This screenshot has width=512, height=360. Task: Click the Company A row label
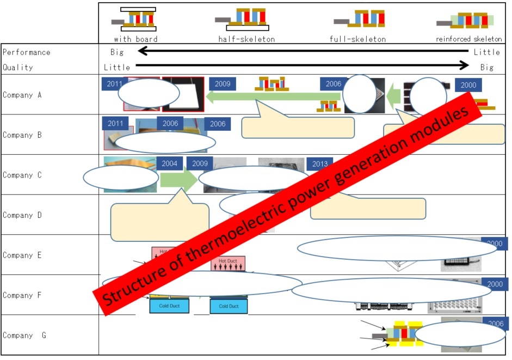pos(22,95)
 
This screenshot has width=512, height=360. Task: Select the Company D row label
pos(22,215)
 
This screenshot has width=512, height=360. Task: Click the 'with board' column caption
pos(135,39)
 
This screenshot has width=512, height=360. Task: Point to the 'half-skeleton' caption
pos(246,39)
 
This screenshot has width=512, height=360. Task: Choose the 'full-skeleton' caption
pos(357,39)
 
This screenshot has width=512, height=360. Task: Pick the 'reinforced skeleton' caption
pos(469,39)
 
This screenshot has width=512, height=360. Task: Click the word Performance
pos(26,52)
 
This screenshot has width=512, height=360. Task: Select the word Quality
pos(18,68)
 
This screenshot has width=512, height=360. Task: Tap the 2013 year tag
pos(319,164)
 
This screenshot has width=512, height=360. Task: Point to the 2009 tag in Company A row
pos(222,84)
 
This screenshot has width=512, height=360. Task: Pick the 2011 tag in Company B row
pos(115,124)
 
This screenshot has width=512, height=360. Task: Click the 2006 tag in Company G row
pos(494,323)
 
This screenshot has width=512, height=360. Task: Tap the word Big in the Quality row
pos(488,68)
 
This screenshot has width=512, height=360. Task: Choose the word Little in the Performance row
pos(486,52)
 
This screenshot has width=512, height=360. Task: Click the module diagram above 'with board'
pos(135,19)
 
